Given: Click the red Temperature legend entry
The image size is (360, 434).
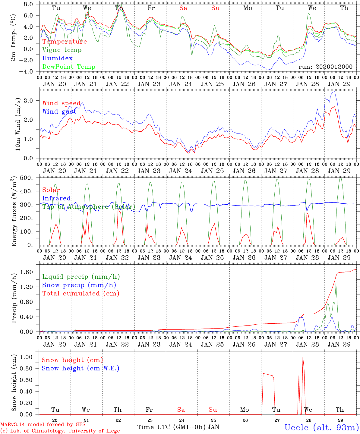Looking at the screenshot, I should click(x=65, y=42).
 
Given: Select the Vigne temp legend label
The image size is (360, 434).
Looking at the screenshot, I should click(x=62, y=50).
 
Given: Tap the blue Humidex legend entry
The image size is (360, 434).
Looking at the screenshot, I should click(x=57, y=58).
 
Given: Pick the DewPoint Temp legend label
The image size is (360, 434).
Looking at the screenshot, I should click(x=69, y=67).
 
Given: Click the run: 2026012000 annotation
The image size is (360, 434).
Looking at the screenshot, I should click(x=325, y=67).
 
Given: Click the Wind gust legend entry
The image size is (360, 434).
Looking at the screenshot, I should click(x=59, y=112).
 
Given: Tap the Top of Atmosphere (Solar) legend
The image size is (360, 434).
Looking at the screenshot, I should click(x=89, y=207).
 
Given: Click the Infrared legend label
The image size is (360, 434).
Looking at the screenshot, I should click(x=56, y=198).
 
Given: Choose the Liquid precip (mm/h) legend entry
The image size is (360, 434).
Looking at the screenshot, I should click(x=81, y=277).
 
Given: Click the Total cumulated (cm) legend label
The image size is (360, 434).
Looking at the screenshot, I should click(x=81, y=294).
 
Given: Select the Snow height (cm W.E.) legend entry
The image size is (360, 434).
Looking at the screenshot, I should click(x=81, y=368).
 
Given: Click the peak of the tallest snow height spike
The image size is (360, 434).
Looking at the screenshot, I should click(x=303, y=357).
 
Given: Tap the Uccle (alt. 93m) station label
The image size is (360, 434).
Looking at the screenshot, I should click(x=321, y=427).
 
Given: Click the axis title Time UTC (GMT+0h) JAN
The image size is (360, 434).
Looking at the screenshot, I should click(x=178, y=427).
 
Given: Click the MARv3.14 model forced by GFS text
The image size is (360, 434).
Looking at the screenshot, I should click(x=43, y=425).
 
